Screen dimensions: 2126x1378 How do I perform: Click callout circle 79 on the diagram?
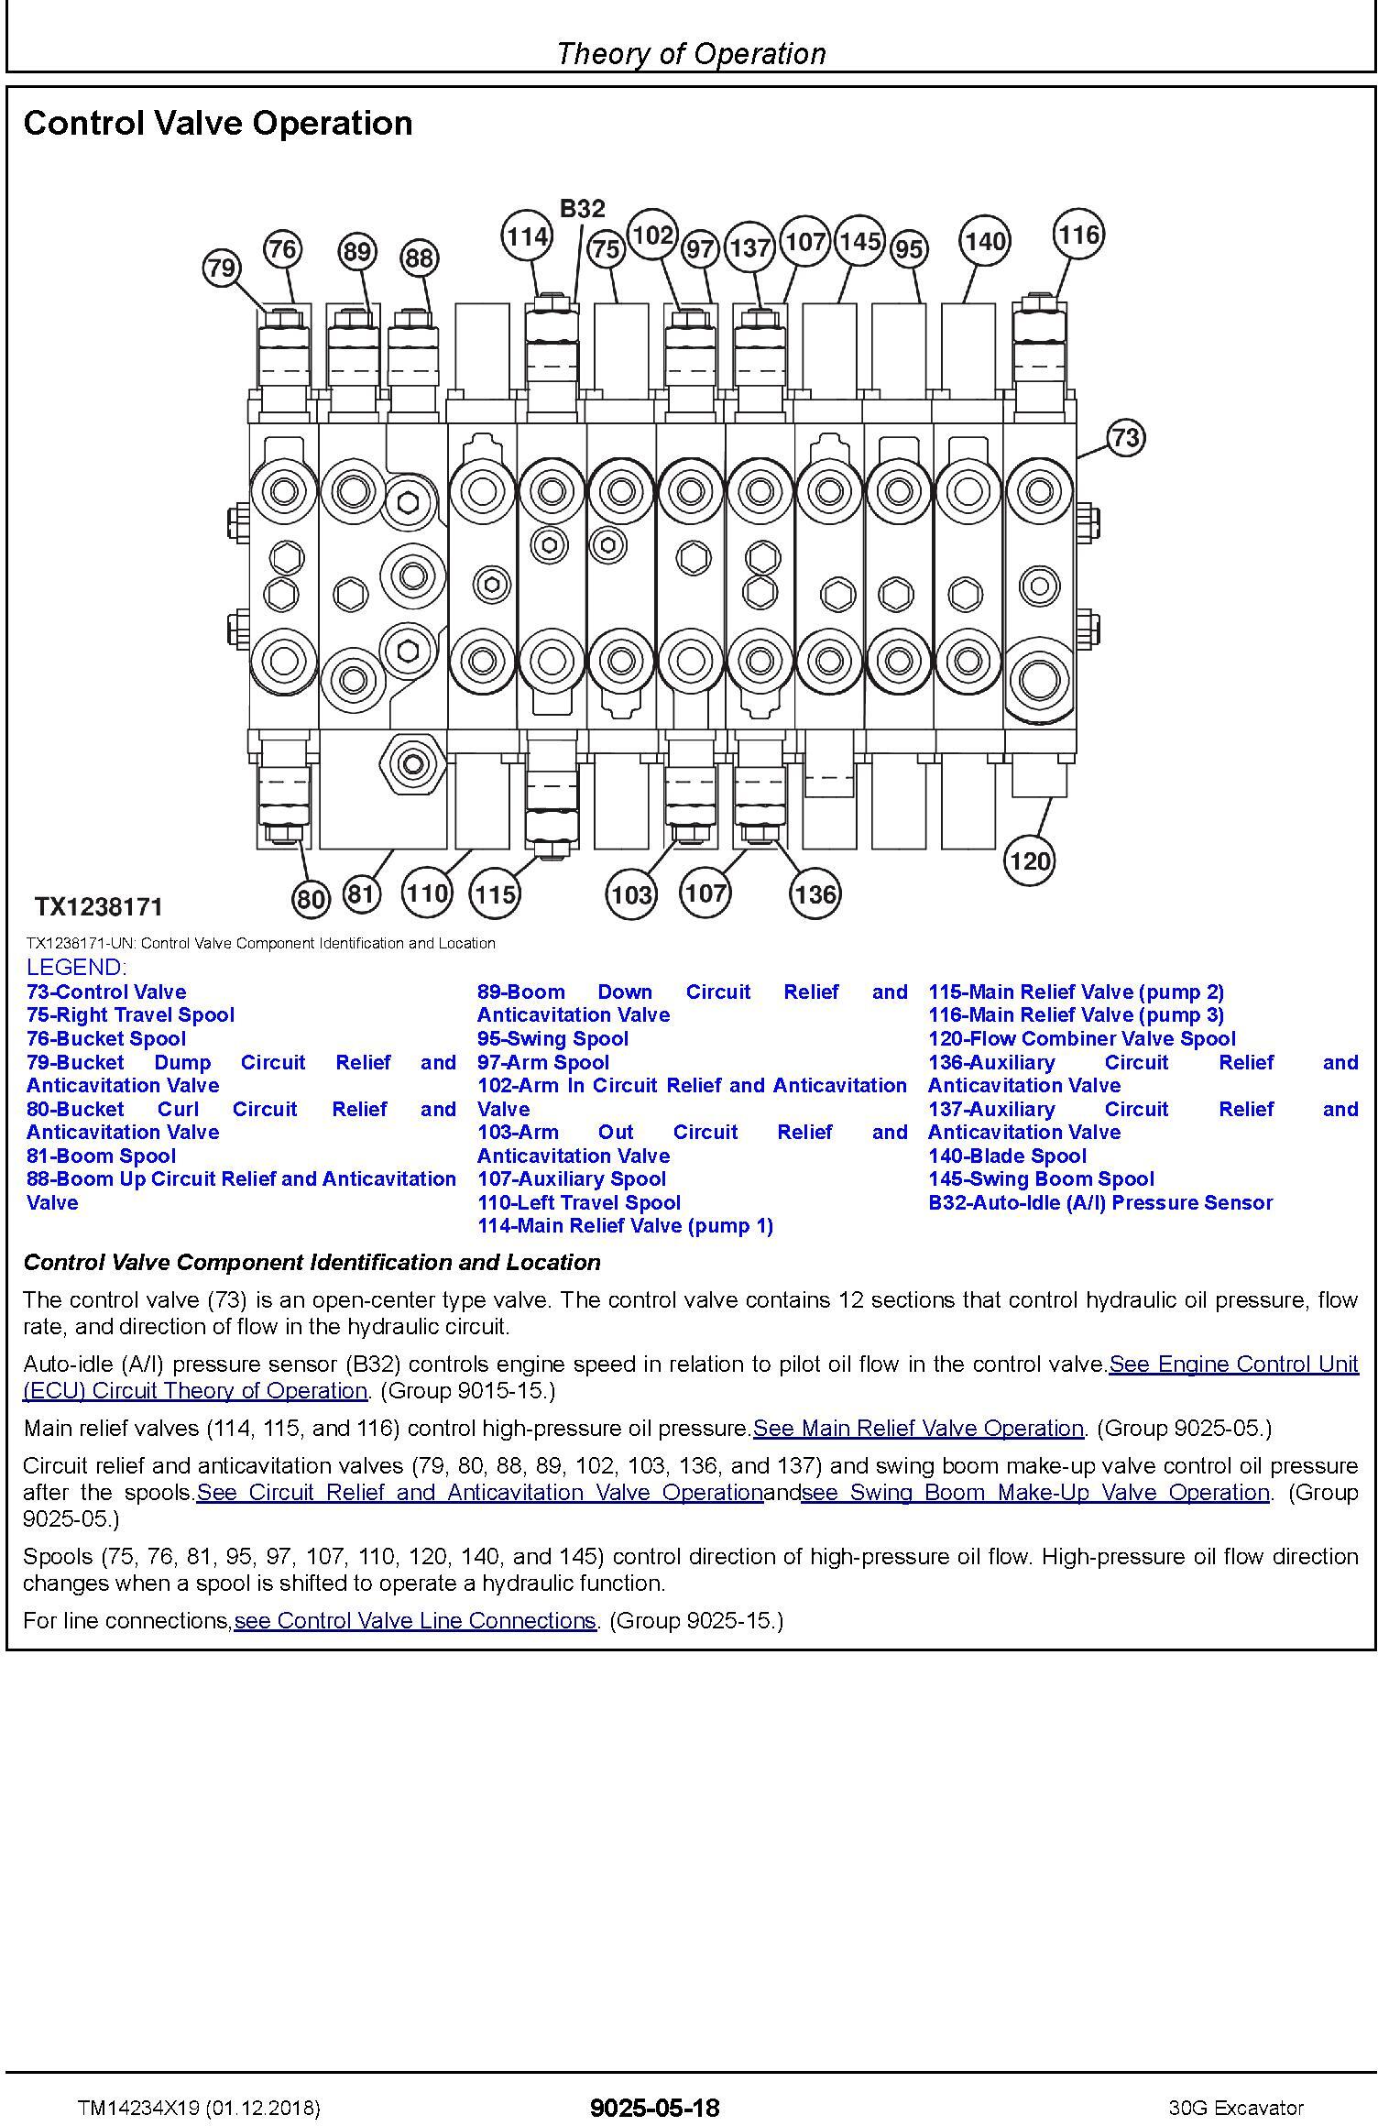(221, 268)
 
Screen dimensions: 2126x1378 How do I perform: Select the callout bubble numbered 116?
(1078, 235)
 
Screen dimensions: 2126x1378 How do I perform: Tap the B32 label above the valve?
(582, 209)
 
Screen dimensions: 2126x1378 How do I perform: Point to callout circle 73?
(1126, 437)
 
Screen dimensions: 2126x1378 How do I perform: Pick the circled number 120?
(1029, 860)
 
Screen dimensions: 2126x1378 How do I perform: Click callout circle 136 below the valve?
(815, 893)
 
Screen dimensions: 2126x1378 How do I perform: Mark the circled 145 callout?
(859, 241)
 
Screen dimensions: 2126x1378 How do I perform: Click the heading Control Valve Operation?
(218, 123)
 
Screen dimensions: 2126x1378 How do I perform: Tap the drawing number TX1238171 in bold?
(99, 907)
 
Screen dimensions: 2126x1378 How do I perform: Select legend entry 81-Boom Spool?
(101, 1156)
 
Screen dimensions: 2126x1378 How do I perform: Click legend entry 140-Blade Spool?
(1007, 1156)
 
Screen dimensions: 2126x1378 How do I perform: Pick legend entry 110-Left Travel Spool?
(579, 1202)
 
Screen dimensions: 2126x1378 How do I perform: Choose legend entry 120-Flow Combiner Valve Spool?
(1082, 1038)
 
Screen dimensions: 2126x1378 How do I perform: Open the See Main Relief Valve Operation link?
(918, 1428)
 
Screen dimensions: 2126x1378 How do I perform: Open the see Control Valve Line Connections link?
(415, 1620)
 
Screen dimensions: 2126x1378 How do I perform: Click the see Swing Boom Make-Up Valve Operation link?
(1035, 1492)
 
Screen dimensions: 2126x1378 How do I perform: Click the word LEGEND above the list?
(77, 967)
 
